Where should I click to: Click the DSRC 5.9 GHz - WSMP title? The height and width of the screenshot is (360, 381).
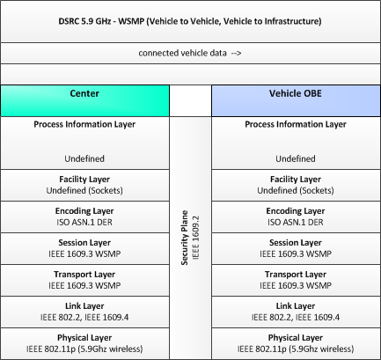pyautogui.click(x=190, y=21)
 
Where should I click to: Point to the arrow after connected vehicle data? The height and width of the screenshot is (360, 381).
pyautogui.click(x=236, y=53)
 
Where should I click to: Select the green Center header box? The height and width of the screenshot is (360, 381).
pyautogui.click(x=84, y=101)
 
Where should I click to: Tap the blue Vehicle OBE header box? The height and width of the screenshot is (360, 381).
pyautogui.click(x=296, y=101)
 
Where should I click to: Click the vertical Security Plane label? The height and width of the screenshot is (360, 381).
pyautogui.click(x=185, y=238)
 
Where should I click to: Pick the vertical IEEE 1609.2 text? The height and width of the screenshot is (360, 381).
pyautogui.click(x=195, y=238)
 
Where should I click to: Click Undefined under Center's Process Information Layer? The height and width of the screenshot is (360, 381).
pyautogui.click(x=84, y=158)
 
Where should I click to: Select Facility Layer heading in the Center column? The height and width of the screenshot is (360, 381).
pyautogui.click(x=84, y=180)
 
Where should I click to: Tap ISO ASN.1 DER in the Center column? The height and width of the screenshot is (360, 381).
pyautogui.click(x=84, y=222)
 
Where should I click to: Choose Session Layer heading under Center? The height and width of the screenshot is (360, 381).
pyautogui.click(x=84, y=243)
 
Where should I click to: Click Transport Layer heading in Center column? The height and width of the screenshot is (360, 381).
pyautogui.click(x=84, y=275)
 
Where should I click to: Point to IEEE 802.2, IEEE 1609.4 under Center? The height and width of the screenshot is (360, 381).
pyautogui.click(x=84, y=317)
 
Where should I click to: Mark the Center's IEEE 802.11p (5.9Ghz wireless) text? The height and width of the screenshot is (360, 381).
pyautogui.click(x=84, y=349)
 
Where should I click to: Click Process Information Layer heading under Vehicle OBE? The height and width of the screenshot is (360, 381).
pyautogui.click(x=296, y=124)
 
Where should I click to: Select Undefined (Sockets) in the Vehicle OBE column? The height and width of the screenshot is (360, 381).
pyautogui.click(x=296, y=190)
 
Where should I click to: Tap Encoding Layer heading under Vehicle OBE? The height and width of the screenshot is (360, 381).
pyautogui.click(x=296, y=211)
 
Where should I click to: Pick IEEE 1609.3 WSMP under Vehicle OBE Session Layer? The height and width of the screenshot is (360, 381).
pyautogui.click(x=296, y=253)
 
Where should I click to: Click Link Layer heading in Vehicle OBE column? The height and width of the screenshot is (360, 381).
pyautogui.click(x=296, y=306)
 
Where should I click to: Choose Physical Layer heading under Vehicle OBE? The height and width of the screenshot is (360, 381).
pyautogui.click(x=296, y=338)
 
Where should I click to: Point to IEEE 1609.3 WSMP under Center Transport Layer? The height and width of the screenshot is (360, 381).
pyautogui.click(x=84, y=285)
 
